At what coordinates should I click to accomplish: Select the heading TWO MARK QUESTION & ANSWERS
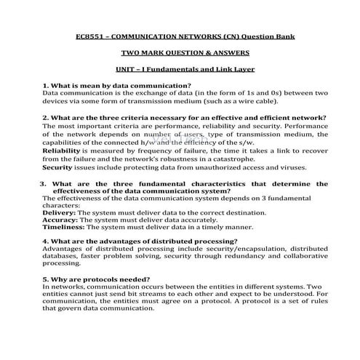pos(180,53)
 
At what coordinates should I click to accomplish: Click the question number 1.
pos(45,86)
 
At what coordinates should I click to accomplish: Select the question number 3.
pos(44,183)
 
